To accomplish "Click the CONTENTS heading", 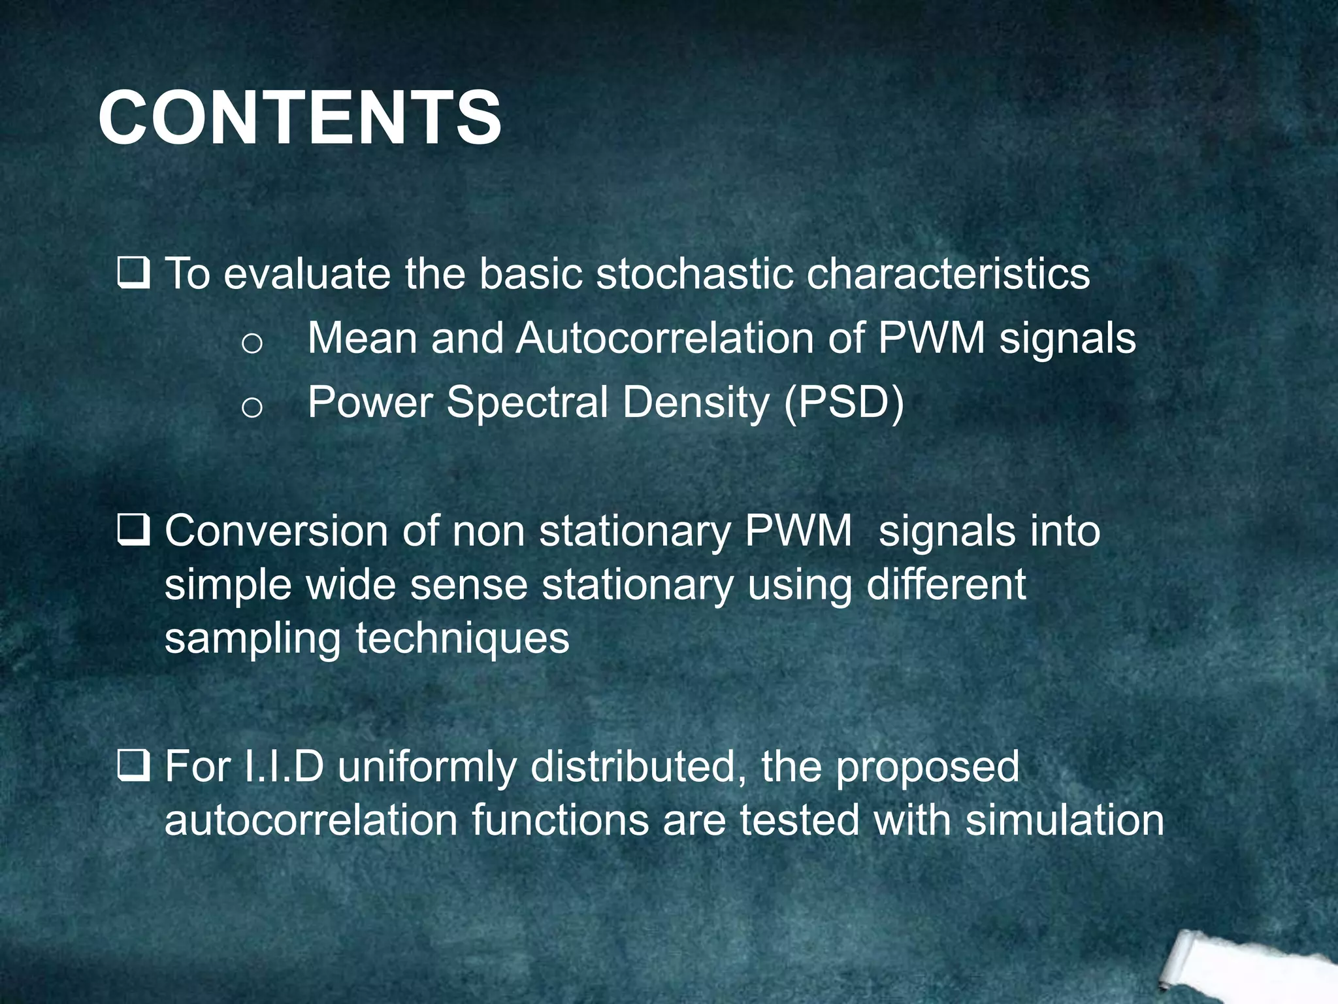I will (x=300, y=118).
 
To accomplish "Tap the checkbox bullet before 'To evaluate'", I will (x=134, y=274).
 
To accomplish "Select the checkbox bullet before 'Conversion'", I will (x=134, y=531).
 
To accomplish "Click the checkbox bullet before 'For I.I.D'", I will (x=134, y=767).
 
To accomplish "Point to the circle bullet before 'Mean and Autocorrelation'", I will (x=252, y=343).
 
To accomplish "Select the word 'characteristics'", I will (x=948, y=273).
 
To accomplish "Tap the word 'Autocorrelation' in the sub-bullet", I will (x=664, y=339).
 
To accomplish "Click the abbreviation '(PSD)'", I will (x=844, y=403).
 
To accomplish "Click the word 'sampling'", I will (x=252, y=639).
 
